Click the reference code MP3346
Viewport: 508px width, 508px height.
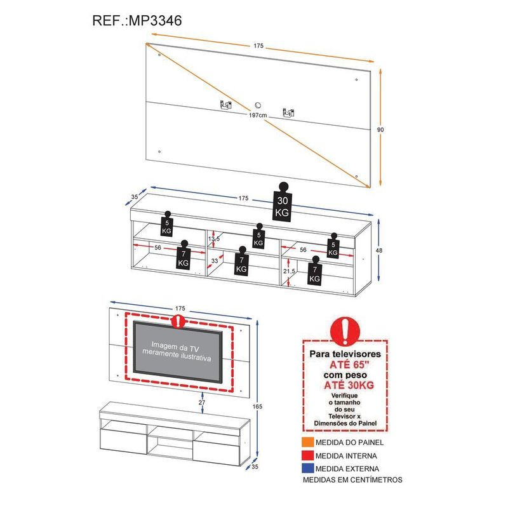tap(156, 20)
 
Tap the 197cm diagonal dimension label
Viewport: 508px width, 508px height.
tap(257, 115)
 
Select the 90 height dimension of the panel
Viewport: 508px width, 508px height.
tap(380, 130)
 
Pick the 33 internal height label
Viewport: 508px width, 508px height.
tap(214, 260)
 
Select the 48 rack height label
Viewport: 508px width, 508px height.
tap(380, 251)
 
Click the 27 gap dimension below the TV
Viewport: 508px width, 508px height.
tap(202, 402)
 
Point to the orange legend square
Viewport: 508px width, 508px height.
tap(307, 443)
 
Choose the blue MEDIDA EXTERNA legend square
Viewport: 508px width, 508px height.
tap(307, 469)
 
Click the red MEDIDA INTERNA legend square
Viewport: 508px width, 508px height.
tap(307, 456)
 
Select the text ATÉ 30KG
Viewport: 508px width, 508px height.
tap(345, 385)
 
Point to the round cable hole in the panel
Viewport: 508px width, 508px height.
tap(258, 105)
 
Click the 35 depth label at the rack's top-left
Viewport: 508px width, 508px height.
tap(135, 197)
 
